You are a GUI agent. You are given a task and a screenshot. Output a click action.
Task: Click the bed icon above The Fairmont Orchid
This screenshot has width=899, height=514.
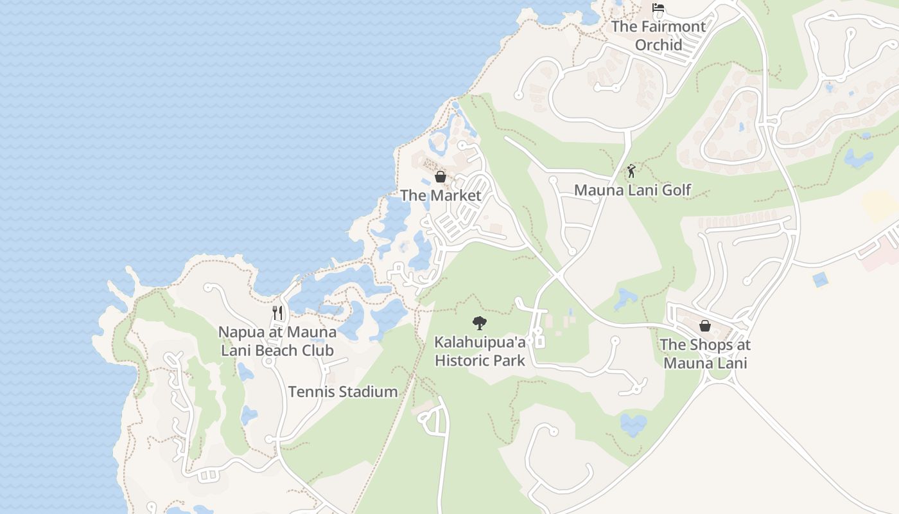tap(658, 8)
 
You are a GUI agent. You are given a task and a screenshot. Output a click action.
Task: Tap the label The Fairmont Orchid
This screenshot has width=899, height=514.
tap(658, 35)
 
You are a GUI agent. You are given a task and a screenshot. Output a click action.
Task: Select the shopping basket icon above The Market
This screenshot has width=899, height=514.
tap(441, 177)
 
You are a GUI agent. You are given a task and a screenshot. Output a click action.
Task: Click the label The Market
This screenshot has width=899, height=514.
tap(441, 195)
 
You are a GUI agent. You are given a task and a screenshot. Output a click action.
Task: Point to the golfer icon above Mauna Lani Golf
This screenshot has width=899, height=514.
tap(631, 171)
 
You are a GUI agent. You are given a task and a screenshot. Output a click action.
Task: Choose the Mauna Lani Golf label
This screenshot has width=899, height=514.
tap(633, 190)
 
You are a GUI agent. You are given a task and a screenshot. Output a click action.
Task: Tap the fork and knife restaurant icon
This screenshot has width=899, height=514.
tap(277, 313)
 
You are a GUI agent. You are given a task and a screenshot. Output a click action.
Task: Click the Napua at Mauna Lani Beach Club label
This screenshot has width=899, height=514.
tap(277, 341)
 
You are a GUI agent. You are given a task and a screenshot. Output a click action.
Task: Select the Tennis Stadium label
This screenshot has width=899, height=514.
tap(343, 391)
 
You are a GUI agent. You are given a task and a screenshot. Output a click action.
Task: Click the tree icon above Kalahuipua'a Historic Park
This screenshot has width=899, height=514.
tap(479, 323)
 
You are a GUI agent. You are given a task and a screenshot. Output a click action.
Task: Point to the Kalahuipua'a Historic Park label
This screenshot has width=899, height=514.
tap(480, 351)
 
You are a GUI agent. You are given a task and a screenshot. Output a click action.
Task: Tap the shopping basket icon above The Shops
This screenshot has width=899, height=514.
tap(705, 326)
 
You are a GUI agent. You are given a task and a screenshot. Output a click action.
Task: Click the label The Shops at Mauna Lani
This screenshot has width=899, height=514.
tap(705, 353)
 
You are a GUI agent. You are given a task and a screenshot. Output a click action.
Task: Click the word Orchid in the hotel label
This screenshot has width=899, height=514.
tap(659, 45)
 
